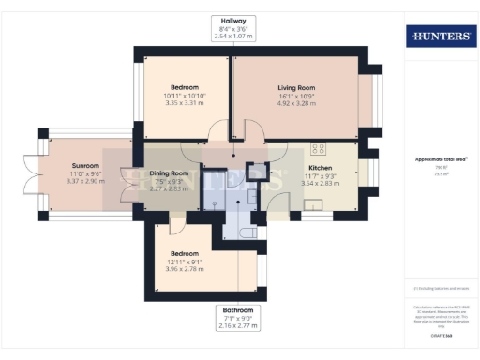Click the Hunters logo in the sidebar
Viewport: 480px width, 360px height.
[x=439, y=37]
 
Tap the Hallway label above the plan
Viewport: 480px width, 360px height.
[x=234, y=20]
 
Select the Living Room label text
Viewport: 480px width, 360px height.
[x=295, y=87]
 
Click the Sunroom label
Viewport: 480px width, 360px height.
[x=85, y=165]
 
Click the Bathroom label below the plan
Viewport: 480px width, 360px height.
[x=236, y=309]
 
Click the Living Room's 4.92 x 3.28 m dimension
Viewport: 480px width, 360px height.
[x=295, y=104]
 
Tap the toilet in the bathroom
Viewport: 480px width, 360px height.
[x=248, y=232]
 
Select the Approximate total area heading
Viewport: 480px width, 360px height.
[x=439, y=159]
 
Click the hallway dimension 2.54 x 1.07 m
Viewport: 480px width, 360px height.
[x=234, y=37]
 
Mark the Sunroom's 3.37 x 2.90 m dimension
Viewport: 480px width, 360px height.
[x=85, y=181]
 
